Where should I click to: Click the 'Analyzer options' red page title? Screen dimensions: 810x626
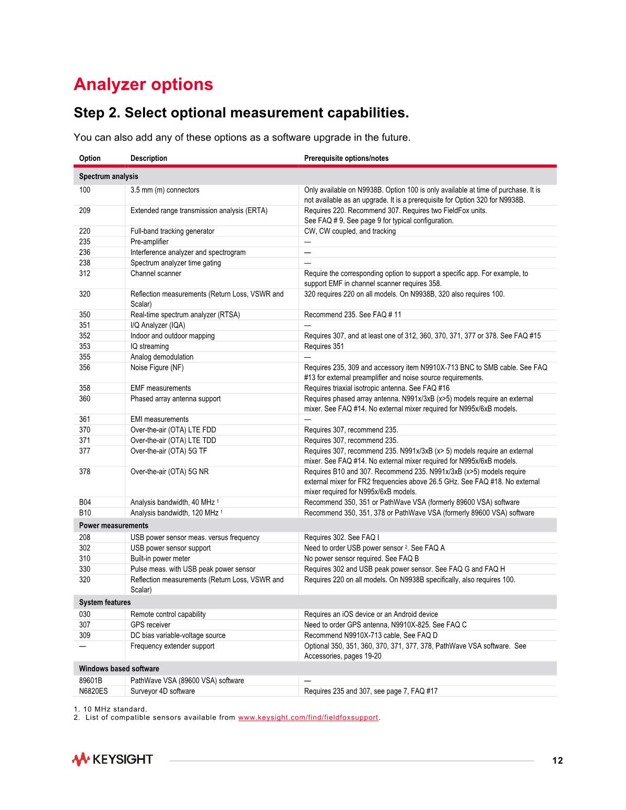(x=143, y=85)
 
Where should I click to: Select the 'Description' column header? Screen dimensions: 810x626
(x=149, y=158)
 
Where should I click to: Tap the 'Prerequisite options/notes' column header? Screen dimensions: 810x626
(x=346, y=158)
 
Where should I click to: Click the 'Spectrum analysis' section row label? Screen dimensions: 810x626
(x=109, y=177)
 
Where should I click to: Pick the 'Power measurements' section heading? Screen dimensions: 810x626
(x=113, y=525)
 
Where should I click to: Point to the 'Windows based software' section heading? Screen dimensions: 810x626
(x=119, y=668)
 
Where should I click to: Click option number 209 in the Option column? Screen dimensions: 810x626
(x=85, y=210)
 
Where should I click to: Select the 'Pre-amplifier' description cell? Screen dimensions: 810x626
(x=149, y=242)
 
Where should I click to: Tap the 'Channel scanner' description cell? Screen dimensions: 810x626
(x=156, y=274)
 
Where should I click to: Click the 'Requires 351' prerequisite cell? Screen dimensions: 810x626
(x=324, y=346)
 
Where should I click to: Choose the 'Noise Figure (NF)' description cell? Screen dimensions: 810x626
(x=157, y=368)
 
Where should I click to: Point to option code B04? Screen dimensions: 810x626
(x=85, y=502)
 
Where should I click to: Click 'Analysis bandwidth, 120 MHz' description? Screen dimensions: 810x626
(x=174, y=513)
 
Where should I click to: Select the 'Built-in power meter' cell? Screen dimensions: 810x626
(x=160, y=558)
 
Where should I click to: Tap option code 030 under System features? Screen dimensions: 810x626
(x=85, y=614)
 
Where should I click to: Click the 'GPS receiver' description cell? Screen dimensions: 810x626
(x=150, y=625)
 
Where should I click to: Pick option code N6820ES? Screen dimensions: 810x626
(x=93, y=691)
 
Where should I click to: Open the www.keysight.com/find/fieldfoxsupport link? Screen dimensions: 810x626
(x=308, y=718)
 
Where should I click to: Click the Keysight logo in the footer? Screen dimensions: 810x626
(x=112, y=759)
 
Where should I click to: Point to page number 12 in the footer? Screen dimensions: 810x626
(x=558, y=760)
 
